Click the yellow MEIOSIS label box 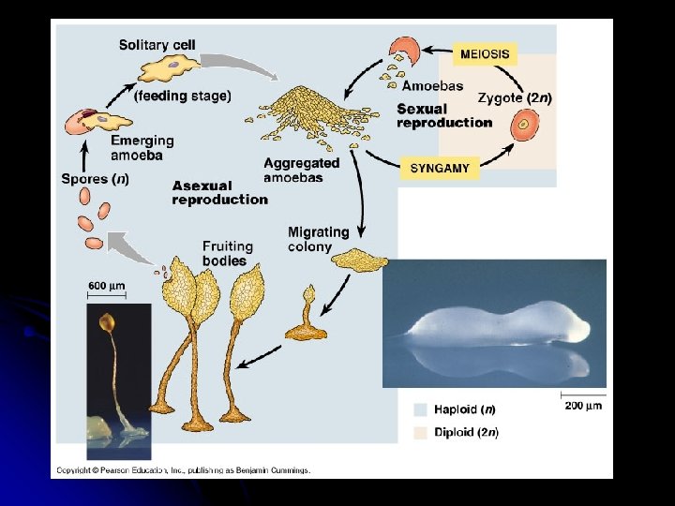pyautogui.click(x=485, y=53)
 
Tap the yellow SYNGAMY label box pyautogui.click(x=440, y=169)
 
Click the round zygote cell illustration pyautogui.click(x=524, y=124)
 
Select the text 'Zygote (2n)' pyautogui.click(x=514, y=97)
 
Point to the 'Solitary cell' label pyautogui.click(x=157, y=45)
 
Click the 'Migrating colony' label pyautogui.click(x=318, y=239)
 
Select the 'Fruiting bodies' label pyautogui.click(x=228, y=254)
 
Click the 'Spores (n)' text pyautogui.click(x=95, y=179)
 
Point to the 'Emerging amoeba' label pyautogui.click(x=142, y=148)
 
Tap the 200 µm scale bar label pyautogui.click(x=583, y=405)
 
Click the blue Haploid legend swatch pyautogui.click(x=419, y=409)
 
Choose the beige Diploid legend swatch pyautogui.click(x=419, y=432)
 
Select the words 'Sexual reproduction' pyautogui.click(x=443, y=115)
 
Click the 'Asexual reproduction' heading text pyautogui.click(x=219, y=192)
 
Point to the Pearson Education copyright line pyautogui.click(x=183, y=470)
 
